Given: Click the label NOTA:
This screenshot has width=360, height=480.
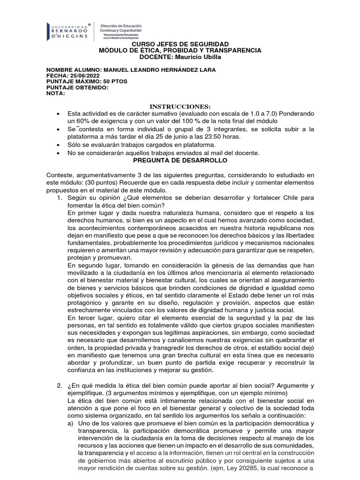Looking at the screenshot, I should pos(56,93).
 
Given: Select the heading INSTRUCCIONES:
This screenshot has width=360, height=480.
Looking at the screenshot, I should pos(180,106).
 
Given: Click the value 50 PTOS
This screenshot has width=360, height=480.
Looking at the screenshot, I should pos(112,81).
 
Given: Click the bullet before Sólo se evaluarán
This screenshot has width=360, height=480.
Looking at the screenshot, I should pos(58,145).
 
